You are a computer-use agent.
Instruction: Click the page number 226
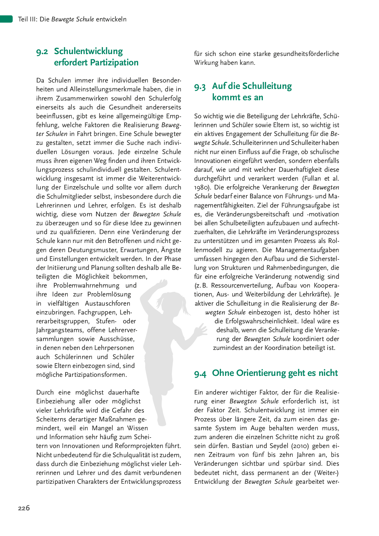point(24,508)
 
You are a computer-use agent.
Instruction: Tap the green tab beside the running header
point(6,19)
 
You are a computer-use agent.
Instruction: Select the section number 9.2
point(42,52)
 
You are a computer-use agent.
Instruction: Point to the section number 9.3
point(200,87)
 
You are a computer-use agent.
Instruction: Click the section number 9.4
point(200,373)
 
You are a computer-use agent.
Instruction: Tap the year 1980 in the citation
point(201,187)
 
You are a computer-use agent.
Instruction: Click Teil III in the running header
point(27,19)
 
